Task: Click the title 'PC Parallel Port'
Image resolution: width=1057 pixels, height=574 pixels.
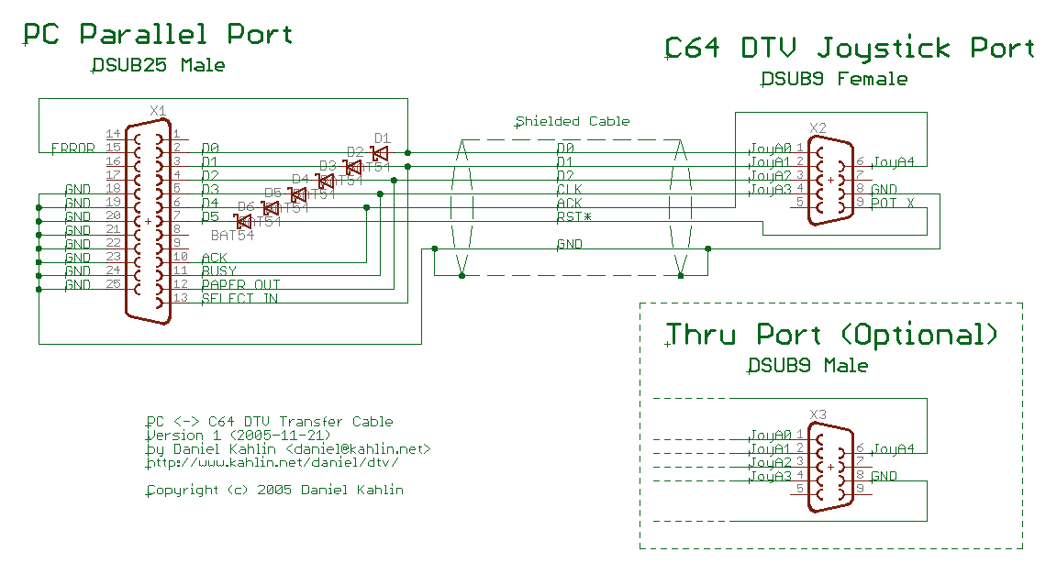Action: point(158,35)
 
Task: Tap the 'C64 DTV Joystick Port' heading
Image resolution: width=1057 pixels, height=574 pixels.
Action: point(850,48)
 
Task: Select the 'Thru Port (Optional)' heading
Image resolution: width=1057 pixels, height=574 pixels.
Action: point(831,334)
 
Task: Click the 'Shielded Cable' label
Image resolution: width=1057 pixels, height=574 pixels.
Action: point(573,121)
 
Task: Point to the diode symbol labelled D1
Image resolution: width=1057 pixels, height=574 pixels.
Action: point(380,153)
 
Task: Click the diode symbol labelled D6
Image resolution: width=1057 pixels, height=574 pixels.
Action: point(244,221)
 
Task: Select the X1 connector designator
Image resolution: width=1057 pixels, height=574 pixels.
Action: point(158,111)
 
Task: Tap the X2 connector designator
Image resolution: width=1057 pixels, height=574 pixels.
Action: point(818,127)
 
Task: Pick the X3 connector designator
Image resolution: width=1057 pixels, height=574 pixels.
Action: point(818,414)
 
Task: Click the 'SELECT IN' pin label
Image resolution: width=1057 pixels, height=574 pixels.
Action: point(239,299)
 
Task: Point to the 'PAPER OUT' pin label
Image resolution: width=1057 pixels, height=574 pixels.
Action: point(240,285)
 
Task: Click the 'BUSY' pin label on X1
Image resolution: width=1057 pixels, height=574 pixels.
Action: point(218,271)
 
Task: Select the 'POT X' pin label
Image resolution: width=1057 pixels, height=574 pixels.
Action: point(892,203)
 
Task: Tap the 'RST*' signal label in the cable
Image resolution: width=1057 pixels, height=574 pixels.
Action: point(573,217)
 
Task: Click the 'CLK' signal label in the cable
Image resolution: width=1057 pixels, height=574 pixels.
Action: point(569,190)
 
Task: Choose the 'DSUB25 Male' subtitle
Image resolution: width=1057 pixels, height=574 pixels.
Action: point(158,66)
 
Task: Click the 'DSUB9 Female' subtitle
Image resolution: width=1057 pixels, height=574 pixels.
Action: point(834,80)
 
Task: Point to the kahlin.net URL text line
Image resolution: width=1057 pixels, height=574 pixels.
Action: point(273,463)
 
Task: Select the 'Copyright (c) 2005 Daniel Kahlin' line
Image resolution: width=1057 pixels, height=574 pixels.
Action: point(275,490)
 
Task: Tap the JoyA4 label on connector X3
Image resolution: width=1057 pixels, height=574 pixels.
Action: point(893,449)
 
